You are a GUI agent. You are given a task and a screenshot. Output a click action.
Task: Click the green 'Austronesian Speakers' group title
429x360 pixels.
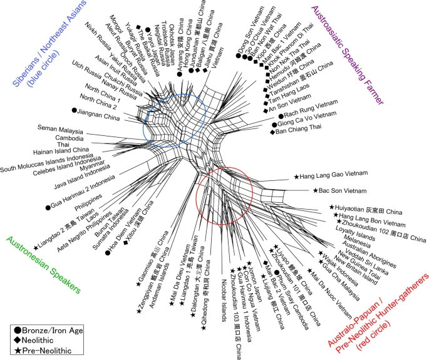44,264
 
